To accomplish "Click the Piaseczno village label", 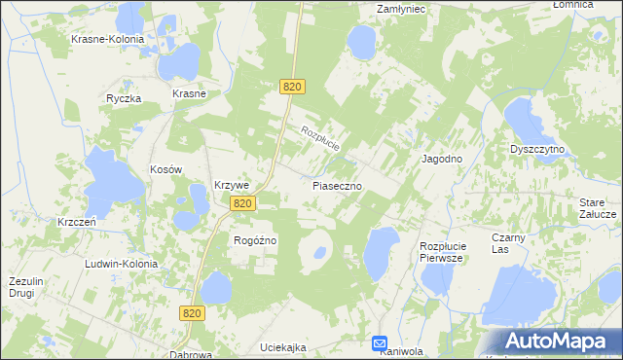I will tap(338, 184).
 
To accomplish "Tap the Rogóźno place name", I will tap(256, 240).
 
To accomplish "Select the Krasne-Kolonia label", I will tap(107, 40).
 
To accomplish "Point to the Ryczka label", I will tap(125, 99).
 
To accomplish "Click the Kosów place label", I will tap(165, 169).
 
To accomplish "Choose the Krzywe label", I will tap(233, 186).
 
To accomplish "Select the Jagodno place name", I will tap(441, 158).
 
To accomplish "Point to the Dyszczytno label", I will tap(538, 150).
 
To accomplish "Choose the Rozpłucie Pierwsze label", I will tap(444, 253).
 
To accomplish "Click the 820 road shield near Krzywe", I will tap(243, 203).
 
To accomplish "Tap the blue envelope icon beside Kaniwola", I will tap(380, 343).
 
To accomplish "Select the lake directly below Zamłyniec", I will tap(362, 42).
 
